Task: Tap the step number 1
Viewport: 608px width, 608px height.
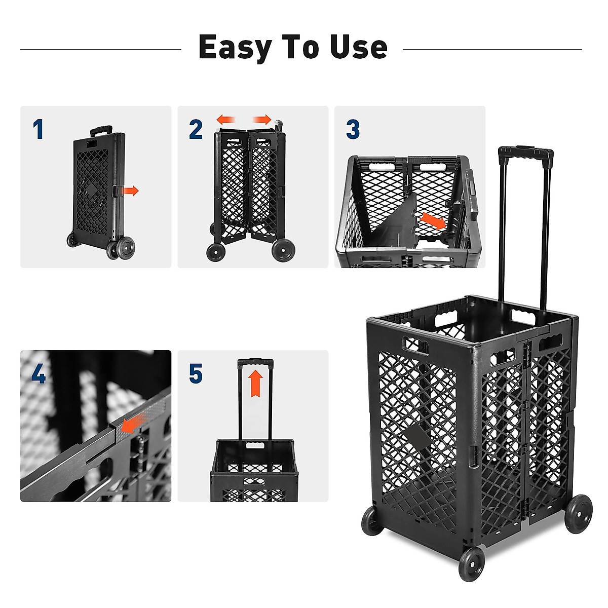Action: [38, 130]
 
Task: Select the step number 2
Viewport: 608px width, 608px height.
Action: [196, 130]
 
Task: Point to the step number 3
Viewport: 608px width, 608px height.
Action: [353, 130]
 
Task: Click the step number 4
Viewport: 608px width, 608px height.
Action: [39, 374]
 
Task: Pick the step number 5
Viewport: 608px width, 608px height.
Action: [196, 374]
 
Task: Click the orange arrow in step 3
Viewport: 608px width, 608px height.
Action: [433, 221]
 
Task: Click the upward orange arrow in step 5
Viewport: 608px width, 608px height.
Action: [257, 384]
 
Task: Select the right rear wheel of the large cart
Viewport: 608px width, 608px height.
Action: [578, 514]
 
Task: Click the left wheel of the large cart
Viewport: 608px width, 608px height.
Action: [373, 520]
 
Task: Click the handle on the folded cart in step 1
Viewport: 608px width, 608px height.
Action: [101, 131]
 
